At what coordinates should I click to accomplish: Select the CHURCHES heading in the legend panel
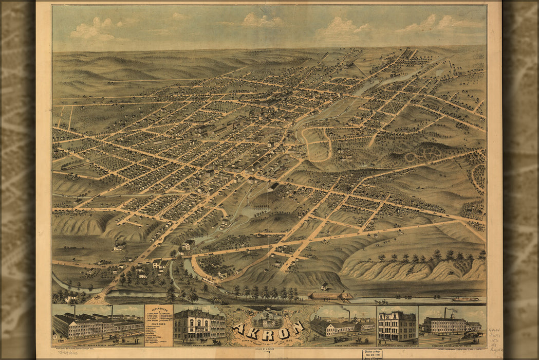tap(159, 323)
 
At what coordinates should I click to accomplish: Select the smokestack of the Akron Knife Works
tap(349, 314)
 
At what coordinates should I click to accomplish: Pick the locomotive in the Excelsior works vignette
tap(473, 334)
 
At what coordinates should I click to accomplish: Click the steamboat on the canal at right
tap(464, 299)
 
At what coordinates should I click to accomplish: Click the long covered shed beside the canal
tap(329, 295)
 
